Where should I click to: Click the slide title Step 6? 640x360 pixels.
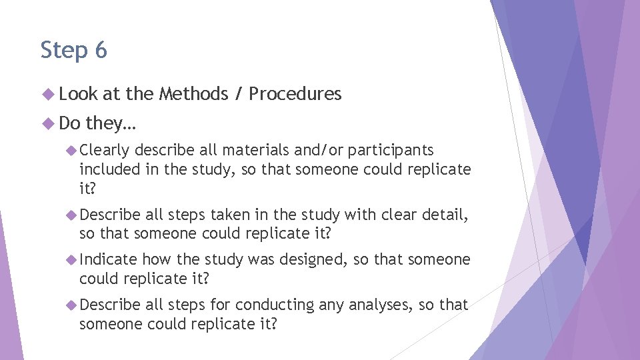pyautogui.click(x=73, y=50)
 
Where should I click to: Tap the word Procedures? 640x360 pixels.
pyautogui.click(x=295, y=94)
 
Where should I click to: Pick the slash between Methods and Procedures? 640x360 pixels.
pyautogui.click(x=238, y=94)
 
